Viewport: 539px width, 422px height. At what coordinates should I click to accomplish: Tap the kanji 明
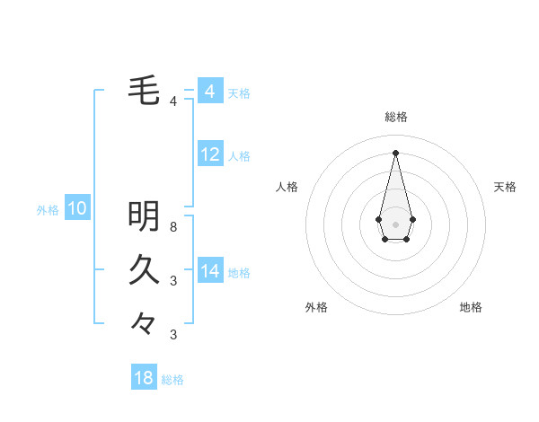[x=144, y=215]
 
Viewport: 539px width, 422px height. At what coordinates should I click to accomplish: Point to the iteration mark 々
[x=144, y=322]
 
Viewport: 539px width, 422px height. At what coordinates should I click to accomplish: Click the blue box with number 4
[x=210, y=92]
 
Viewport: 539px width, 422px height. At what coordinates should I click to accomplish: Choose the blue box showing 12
[x=210, y=154]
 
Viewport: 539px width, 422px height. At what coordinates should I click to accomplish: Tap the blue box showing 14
[x=210, y=271]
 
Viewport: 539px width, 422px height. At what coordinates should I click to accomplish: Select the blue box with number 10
[x=77, y=209]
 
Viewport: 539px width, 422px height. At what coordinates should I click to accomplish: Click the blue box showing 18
[x=144, y=378]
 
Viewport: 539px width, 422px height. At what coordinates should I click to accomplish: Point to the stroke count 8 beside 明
[x=173, y=227]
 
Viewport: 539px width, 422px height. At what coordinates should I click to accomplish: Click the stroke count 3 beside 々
[x=173, y=335]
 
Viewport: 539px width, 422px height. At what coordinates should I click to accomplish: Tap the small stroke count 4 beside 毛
[x=173, y=101]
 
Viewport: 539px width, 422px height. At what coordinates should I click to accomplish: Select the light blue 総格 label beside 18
[x=172, y=380]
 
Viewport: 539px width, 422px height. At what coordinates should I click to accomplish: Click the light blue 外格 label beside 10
[x=48, y=210]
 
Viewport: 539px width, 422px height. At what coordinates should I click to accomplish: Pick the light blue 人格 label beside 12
[x=239, y=156]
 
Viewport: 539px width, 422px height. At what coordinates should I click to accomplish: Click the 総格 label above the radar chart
[x=396, y=117]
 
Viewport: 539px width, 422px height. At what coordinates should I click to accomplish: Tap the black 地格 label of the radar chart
[x=471, y=307]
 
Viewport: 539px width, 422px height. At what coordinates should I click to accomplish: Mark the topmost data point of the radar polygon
[x=396, y=152]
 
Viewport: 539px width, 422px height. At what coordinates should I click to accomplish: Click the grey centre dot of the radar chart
[x=396, y=224]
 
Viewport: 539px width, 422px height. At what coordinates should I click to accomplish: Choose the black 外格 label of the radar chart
[x=316, y=307]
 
